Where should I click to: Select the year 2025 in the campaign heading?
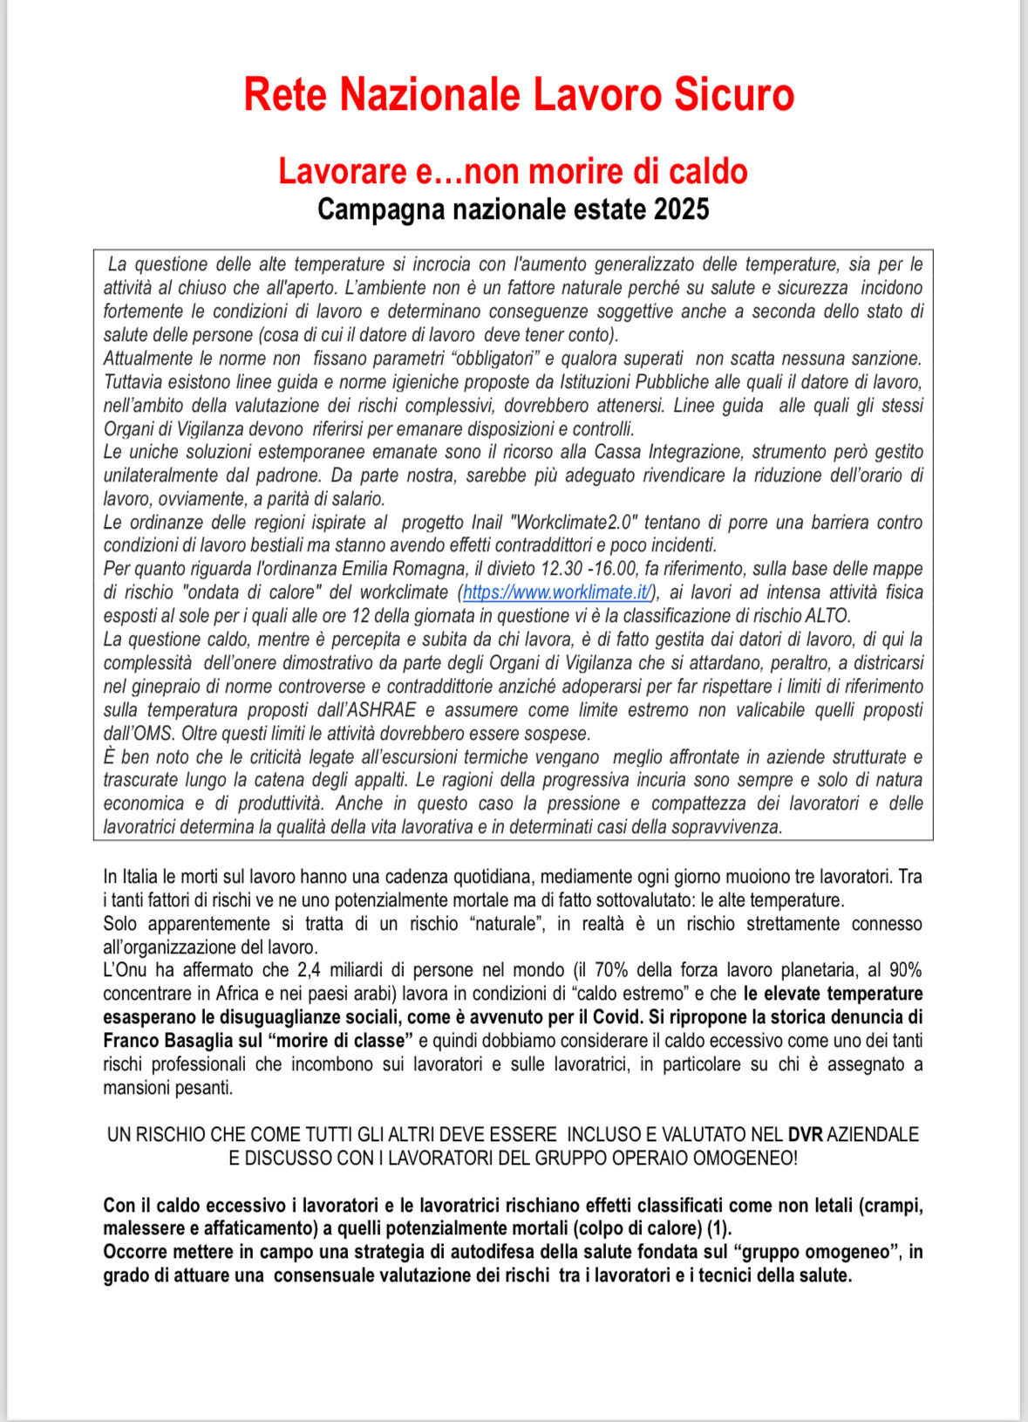(681, 210)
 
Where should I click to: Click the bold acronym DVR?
(805, 1135)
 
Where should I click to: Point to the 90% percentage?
(905, 970)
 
